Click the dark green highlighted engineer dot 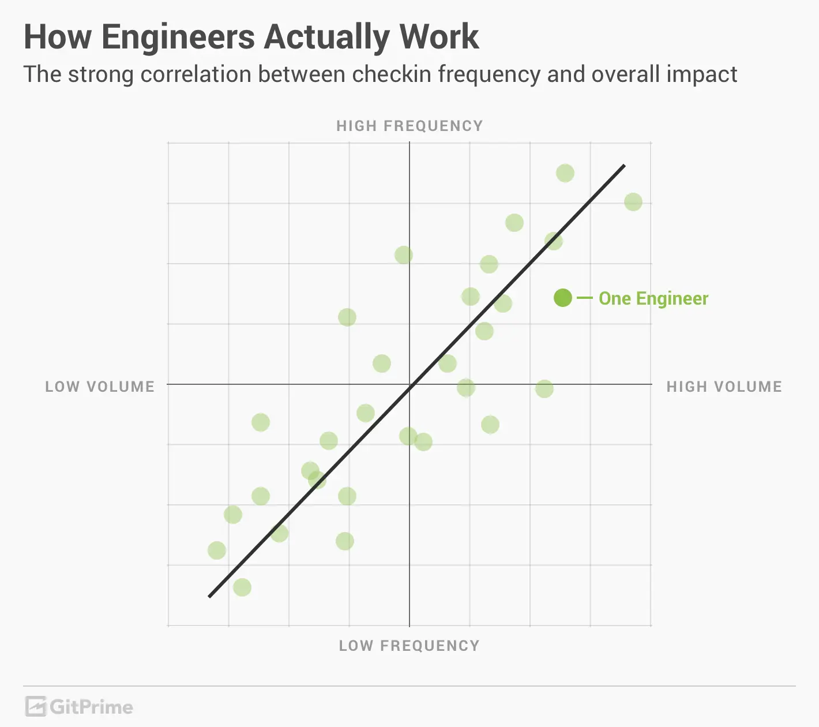pos(563,298)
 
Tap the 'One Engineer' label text pos(653,298)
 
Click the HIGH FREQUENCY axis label pos(409,126)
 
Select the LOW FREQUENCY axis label pos(409,646)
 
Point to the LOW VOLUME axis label pos(100,387)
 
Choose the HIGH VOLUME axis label pos(724,387)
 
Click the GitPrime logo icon pos(36,707)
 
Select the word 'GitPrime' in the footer pos(91,707)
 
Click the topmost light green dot pos(565,173)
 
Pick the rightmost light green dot pos(633,202)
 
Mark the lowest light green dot pos(242,587)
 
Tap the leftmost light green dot pos(217,550)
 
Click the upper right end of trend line pos(623,166)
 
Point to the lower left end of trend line pos(209,596)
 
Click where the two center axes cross pos(409,384)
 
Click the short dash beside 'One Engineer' pos(585,298)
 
